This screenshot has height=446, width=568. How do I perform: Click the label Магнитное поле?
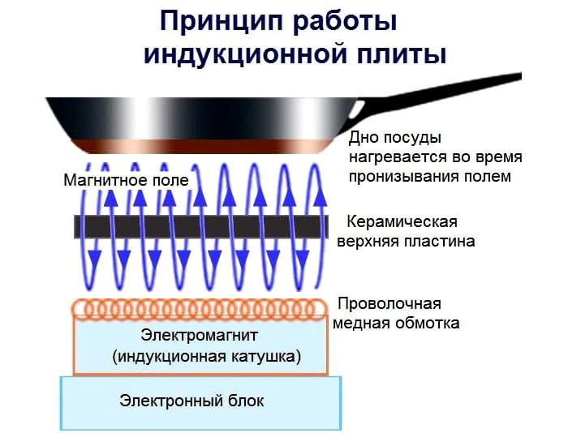click(x=126, y=179)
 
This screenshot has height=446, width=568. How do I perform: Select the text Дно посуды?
click(x=395, y=136)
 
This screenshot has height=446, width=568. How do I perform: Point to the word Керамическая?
click(x=402, y=221)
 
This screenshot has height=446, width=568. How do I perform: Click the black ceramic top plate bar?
click(x=203, y=226)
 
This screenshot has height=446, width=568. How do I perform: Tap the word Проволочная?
click(x=389, y=304)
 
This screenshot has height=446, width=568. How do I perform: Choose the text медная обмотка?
click(x=397, y=324)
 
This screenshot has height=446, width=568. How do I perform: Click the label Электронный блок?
click(x=191, y=401)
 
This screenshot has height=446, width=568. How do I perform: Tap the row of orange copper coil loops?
click(x=203, y=308)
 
